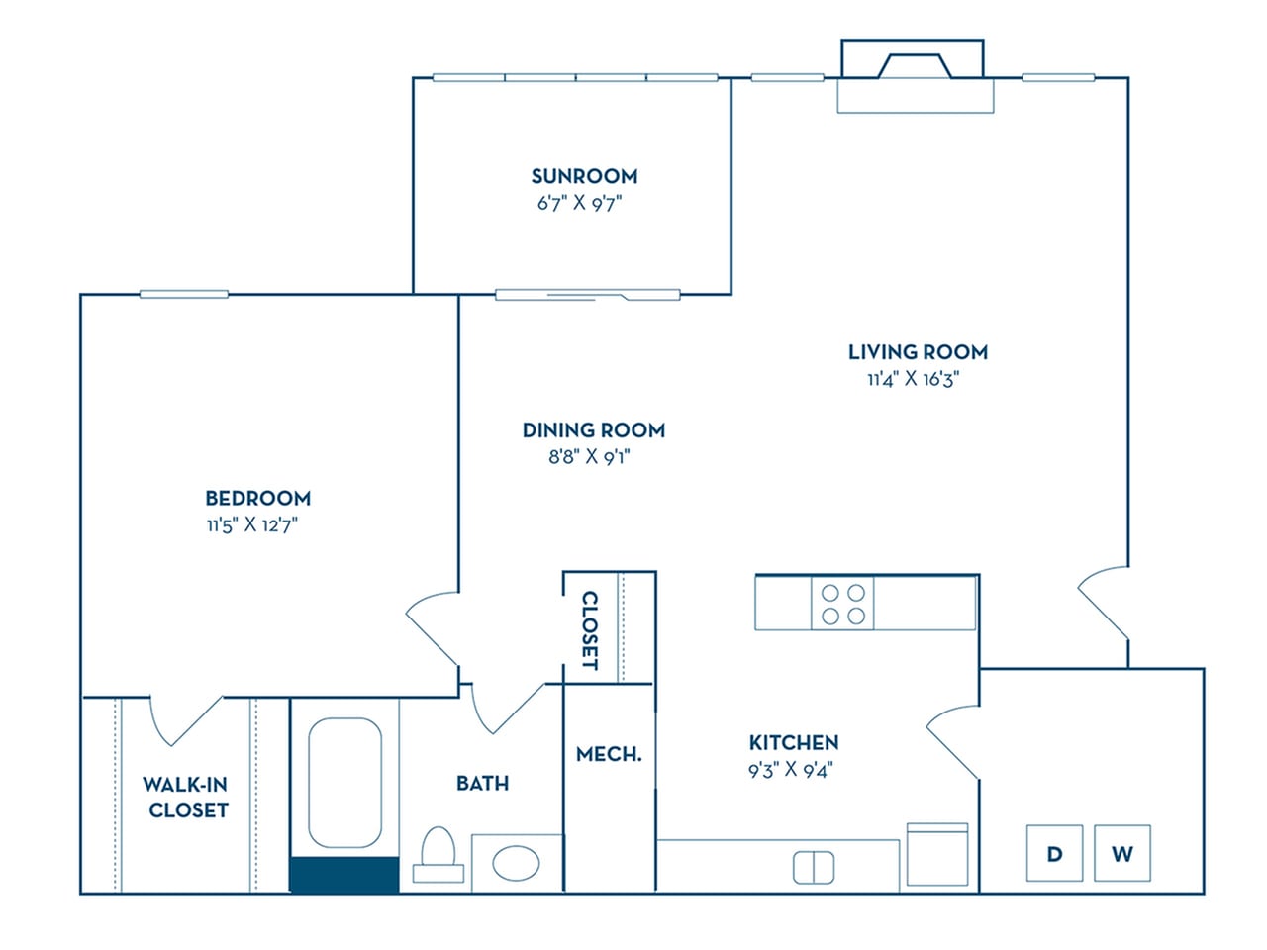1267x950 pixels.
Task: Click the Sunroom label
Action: (x=584, y=176)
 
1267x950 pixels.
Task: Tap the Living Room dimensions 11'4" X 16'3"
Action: (x=913, y=379)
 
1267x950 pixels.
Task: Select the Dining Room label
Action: (x=593, y=429)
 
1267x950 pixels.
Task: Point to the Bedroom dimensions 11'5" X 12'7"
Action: (x=252, y=524)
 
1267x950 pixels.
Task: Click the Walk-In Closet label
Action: (x=186, y=797)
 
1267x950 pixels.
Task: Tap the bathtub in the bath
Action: (x=344, y=782)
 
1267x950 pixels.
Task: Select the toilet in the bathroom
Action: (x=438, y=855)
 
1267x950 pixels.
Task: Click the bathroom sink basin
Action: (x=516, y=863)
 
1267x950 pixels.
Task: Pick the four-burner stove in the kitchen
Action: (x=843, y=604)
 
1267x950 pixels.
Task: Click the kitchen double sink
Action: (x=814, y=868)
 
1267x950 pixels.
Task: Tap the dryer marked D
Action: (x=1054, y=853)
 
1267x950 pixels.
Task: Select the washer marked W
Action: (x=1121, y=853)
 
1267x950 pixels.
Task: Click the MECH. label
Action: (x=609, y=754)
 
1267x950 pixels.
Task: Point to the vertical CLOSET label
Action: (x=589, y=630)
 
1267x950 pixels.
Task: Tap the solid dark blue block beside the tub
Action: (x=343, y=875)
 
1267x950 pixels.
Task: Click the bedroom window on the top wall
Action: (x=184, y=294)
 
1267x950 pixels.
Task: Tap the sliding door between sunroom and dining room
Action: (x=587, y=294)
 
